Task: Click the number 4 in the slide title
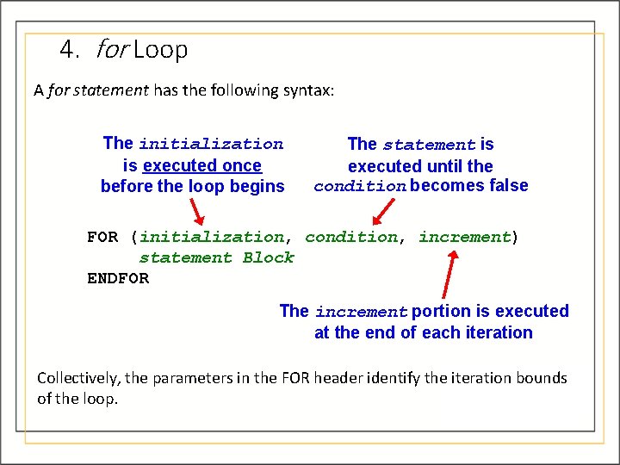(x=67, y=50)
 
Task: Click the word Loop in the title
(x=160, y=50)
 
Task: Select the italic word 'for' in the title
(x=111, y=50)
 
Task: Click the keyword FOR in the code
(x=102, y=237)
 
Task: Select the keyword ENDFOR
(x=118, y=278)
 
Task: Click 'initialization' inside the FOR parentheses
(x=212, y=237)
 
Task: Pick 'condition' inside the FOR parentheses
(x=350, y=237)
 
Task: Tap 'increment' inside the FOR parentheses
(x=465, y=237)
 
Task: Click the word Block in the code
(x=269, y=257)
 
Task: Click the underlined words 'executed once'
(x=202, y=165)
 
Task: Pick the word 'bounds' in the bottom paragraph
(x=542, y=378)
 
